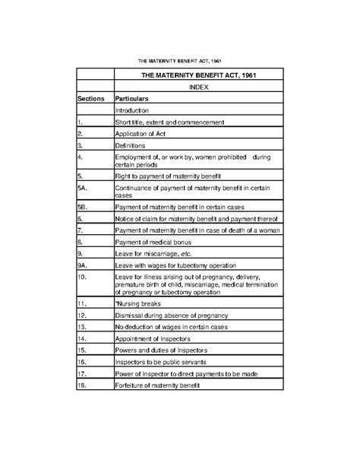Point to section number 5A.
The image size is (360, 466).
84,185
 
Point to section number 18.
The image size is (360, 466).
82,387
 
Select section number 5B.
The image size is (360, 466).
84,207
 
